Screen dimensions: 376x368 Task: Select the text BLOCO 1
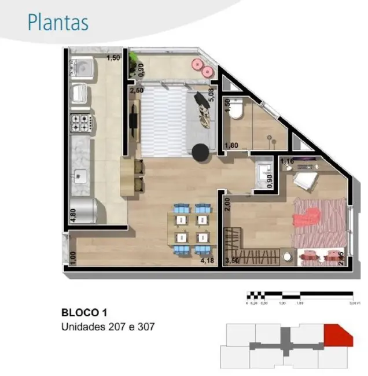(83, 312)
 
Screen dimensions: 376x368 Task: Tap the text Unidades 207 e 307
(108, 327)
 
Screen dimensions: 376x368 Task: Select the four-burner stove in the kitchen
(80, 123)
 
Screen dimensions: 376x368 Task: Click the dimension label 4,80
(72, 213)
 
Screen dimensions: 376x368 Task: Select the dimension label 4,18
(207, 260)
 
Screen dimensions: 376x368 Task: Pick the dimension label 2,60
(137, 91)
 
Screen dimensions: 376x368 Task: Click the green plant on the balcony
(134, 57)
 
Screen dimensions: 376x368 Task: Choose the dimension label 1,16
(288, 161)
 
